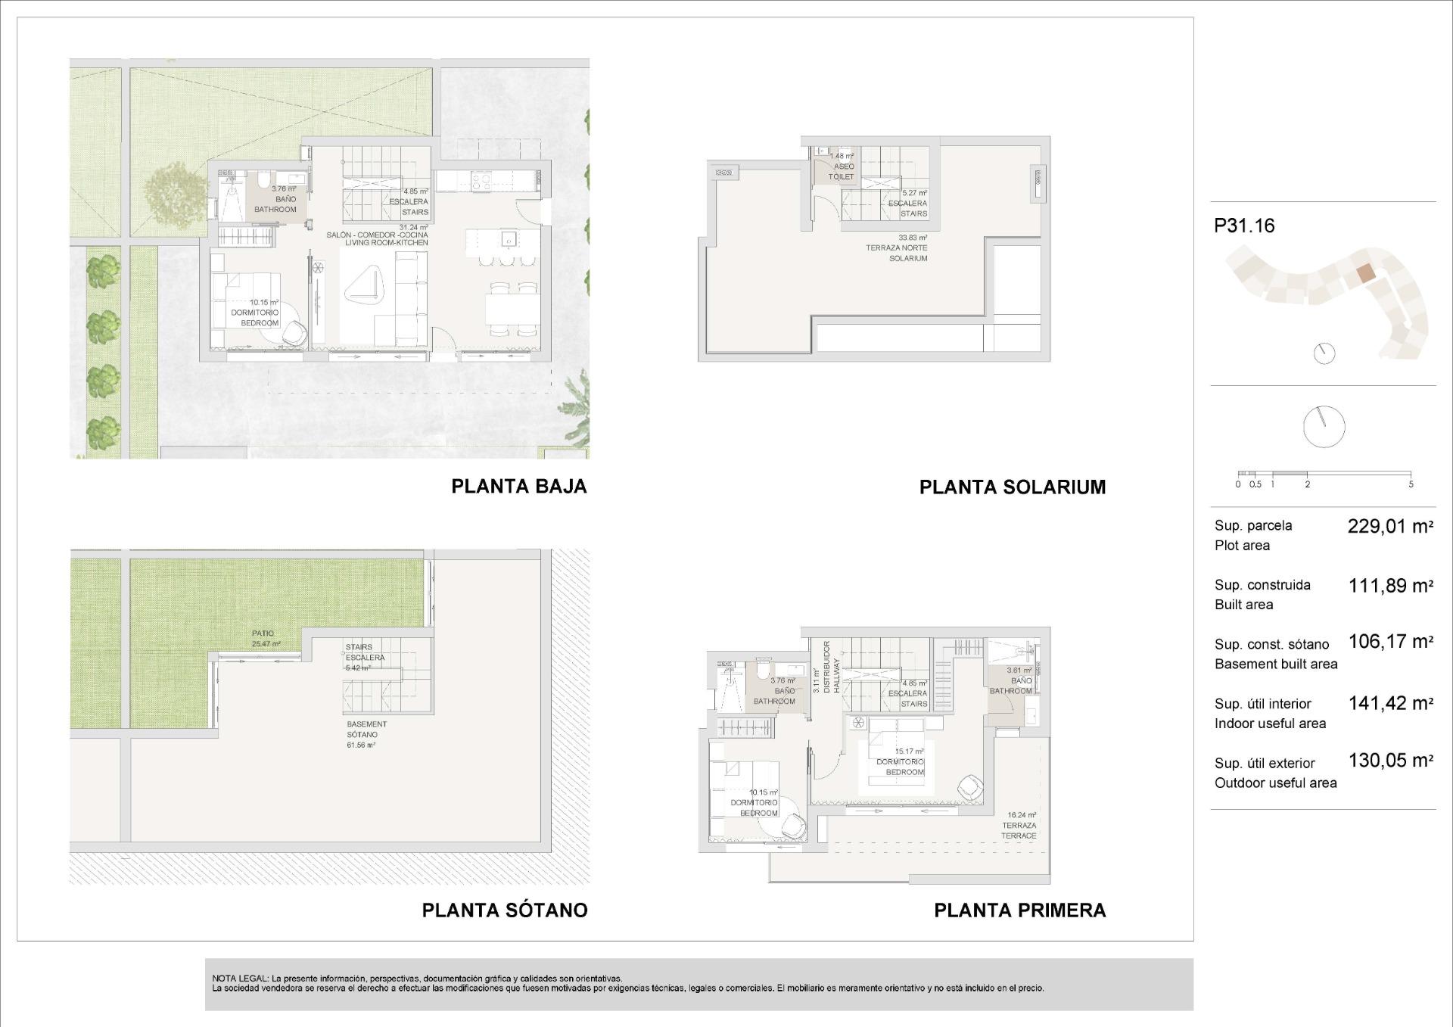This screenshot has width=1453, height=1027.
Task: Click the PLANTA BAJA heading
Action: [518, 486]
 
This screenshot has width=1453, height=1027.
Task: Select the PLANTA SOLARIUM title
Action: [1012, 487]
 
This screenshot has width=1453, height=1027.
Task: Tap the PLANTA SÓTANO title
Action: [504, 910]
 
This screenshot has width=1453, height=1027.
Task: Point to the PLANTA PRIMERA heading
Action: [1019, 910]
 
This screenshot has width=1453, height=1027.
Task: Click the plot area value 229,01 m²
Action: [1390, 527]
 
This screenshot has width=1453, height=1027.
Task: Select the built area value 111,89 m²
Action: [1390, 586]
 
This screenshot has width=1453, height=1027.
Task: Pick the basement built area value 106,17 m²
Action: [1390, 642]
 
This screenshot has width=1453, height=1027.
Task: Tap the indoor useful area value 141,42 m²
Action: [1390, 703]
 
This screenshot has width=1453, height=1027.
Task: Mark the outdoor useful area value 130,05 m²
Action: [1390, 761]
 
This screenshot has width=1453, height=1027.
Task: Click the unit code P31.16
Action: [1244, 226]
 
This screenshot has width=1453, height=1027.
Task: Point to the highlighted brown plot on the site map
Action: [1364, 273]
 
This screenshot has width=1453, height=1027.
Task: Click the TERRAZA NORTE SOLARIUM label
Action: [897, 248]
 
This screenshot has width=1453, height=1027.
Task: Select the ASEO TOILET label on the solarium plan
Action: [842, 172]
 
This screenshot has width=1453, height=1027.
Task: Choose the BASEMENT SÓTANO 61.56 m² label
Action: [366, 734]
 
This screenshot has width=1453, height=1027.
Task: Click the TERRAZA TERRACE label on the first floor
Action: [1019, 830]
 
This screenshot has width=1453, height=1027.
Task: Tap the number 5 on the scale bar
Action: [1411, 484]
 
